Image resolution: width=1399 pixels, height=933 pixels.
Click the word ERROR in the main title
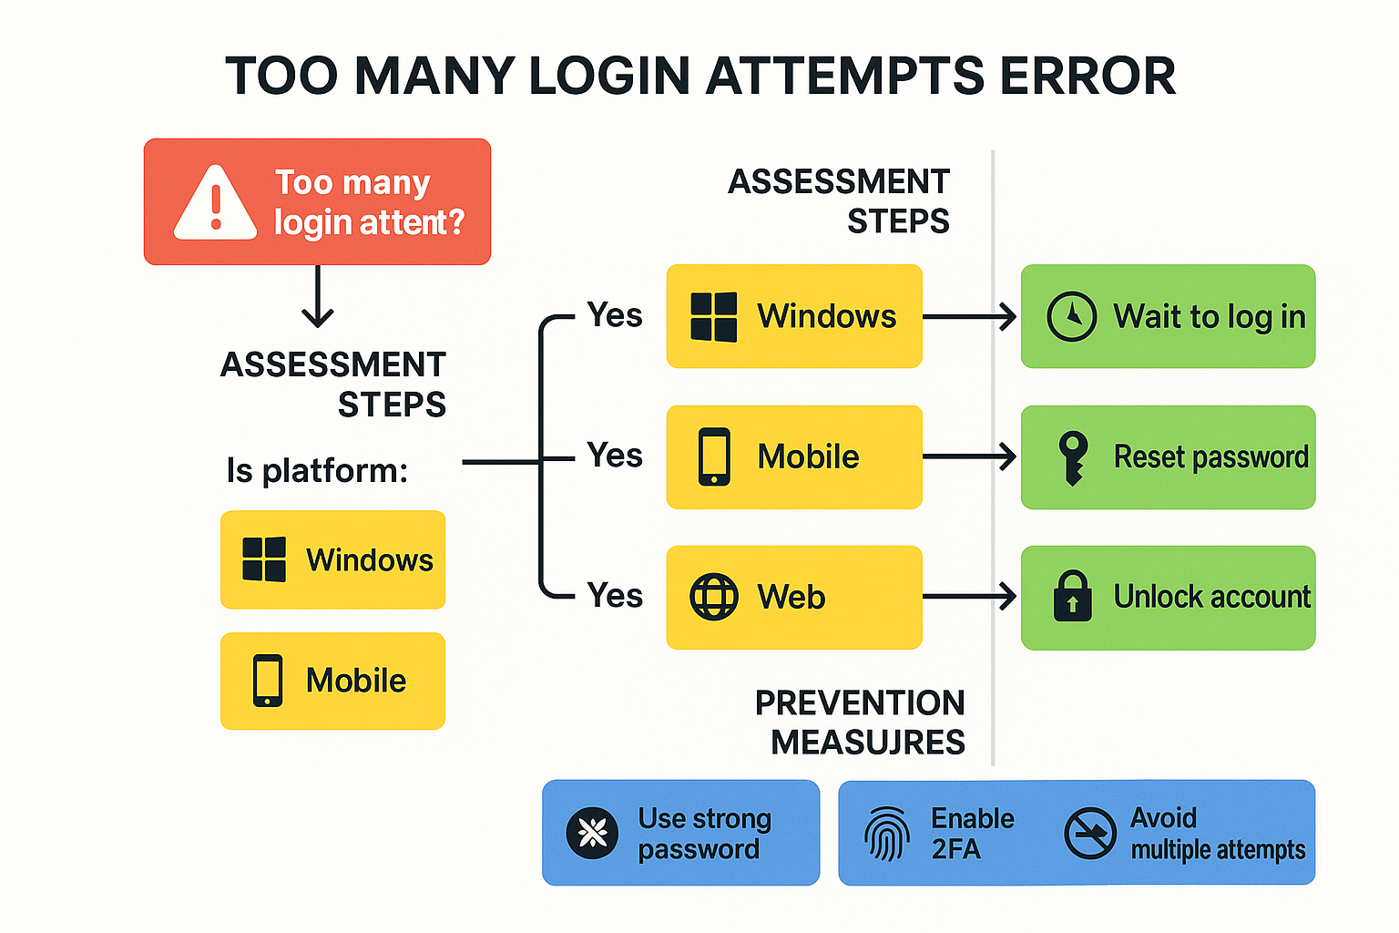coord(1088,76)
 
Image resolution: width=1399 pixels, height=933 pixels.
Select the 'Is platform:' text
coord(317,471)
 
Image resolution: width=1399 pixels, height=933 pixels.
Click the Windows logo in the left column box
coord(264,559)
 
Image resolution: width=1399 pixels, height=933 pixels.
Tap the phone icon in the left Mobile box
coord(268,681)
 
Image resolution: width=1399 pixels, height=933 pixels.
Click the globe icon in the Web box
coord(714,598)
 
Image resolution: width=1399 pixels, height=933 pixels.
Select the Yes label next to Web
coord(615,596)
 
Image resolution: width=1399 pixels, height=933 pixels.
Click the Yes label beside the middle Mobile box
coord(615,456)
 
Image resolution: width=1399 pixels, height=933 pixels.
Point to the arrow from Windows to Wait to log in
coord(969,317)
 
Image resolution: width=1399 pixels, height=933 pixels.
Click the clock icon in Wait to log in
coord(1072,317)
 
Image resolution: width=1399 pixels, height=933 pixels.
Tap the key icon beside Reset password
coord(1073,457)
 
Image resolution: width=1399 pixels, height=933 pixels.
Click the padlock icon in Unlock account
coord(1072,598)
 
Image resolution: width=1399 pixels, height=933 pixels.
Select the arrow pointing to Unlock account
coord(969,598)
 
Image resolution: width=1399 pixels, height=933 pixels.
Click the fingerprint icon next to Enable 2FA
coord(886,833)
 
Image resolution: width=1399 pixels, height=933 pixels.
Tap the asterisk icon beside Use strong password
coord(592,833)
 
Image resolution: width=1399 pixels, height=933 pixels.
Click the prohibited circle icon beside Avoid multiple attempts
coord(1089,833)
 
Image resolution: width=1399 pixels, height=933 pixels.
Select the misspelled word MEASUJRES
coord(867,743)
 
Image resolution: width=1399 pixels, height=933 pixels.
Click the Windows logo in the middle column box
coord(714,317)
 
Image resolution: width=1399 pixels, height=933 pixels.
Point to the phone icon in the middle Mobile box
coord(714,457)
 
